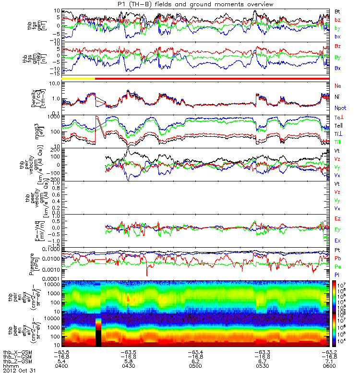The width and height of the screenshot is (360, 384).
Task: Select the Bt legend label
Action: tap(337, 11)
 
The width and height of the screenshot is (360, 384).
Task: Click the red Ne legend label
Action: tap(338, 85)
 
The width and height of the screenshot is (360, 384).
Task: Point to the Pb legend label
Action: tap(338, 258)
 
